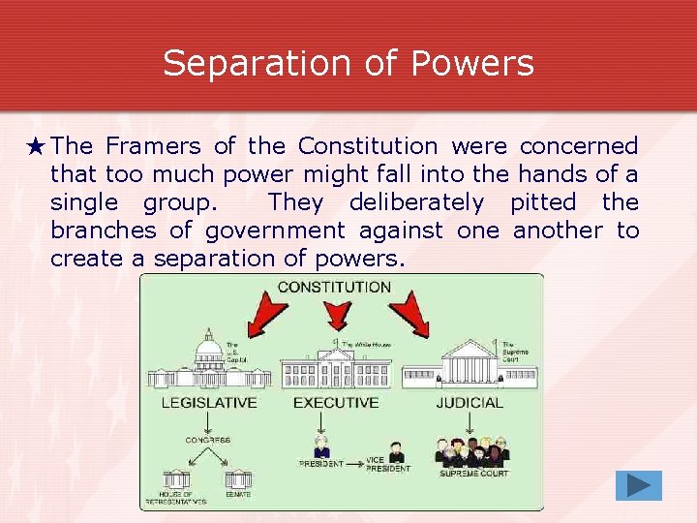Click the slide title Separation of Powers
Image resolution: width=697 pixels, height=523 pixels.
point(348,64)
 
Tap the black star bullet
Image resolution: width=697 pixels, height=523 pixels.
point(36,147)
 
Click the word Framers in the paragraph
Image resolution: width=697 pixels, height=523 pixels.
point(153,146)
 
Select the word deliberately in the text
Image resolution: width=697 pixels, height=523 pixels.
point(416,202)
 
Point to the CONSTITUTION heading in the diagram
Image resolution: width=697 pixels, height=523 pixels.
point(334,287)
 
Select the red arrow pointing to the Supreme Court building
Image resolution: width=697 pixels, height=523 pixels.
point(409,314)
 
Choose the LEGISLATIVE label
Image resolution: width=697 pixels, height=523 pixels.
point(209,402)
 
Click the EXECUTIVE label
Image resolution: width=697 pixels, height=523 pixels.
point(335,402)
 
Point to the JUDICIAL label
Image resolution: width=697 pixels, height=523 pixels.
point(470,402)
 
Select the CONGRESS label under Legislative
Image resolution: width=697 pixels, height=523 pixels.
point(208,440)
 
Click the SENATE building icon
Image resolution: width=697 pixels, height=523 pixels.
point(238,479)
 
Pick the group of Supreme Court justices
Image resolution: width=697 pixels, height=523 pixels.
point(471,451)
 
